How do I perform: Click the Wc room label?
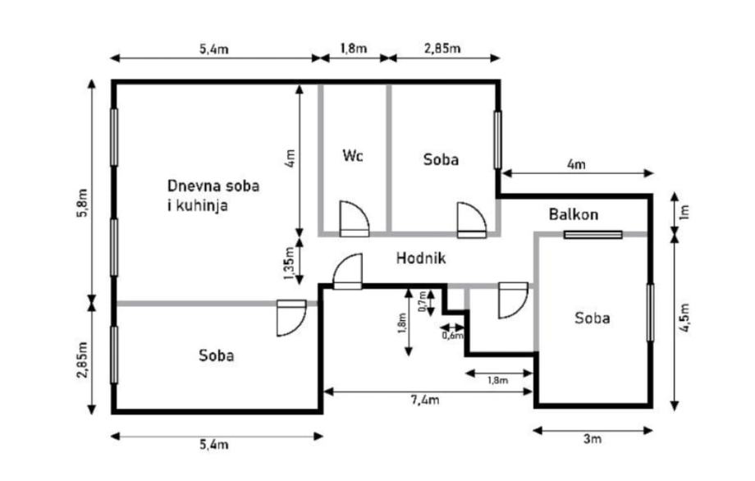coord(353,155)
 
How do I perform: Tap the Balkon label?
coord(574,214)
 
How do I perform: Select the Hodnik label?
coord(420,258)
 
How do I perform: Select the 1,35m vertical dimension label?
coord(288,264)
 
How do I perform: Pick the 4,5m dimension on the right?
coord(687,321)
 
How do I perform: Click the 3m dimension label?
coord(593,439)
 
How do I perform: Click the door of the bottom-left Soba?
coord(291,317)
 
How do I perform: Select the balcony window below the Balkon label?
coord(593,235)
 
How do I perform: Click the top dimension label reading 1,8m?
coord(353,48)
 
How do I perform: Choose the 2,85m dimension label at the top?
coord(442,48)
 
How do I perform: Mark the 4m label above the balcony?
coord(576,164)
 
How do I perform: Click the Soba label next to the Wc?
coord(441,159)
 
